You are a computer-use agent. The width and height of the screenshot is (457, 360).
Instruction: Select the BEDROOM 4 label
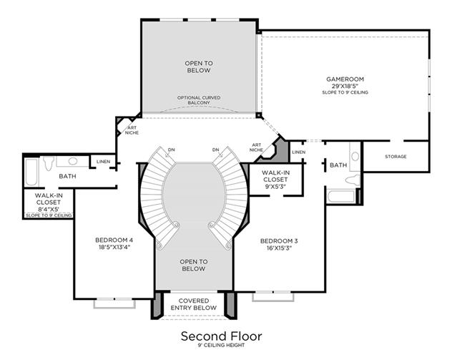[x=114, y=240]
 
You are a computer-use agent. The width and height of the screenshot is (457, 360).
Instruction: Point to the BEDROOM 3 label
[x=278, y=240]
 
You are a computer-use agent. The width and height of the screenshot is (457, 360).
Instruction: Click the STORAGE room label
[x=395, y=156]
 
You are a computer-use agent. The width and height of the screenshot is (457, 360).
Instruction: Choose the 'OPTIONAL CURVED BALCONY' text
[x=198, y=100]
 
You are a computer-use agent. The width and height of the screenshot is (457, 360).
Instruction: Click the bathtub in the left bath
[x=32, y=172]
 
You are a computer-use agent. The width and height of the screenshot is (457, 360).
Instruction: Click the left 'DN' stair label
[x=171, y=150]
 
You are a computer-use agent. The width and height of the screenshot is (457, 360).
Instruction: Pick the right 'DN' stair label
[x=215, y=150]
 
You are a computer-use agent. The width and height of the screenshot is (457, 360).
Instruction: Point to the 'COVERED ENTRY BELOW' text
[x=193, y=304]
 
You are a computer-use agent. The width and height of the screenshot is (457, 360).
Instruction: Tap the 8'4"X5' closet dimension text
[x=49, y=209]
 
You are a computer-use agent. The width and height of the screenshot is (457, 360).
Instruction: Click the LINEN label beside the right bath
[x=299, y=152]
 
